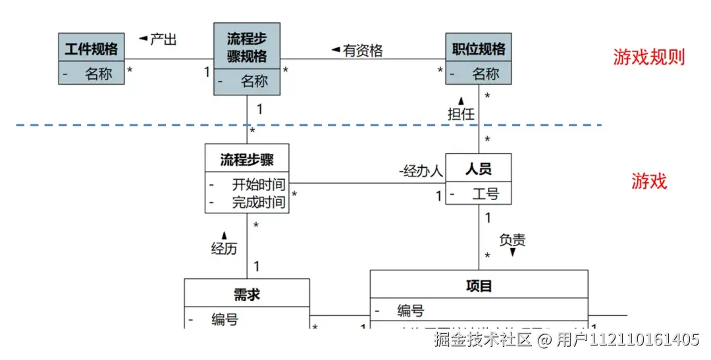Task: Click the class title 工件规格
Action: tap(92, 49)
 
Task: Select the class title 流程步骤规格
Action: tap(247, 47)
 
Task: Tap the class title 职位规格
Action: tap(479, 49)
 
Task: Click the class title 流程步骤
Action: tap(247, 159)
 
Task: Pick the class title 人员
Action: tap(478, 169)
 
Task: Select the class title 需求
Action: tap(247, 294)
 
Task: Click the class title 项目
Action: tap(479, 285)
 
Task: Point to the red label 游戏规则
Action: tap(649, 57)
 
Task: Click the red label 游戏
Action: tap(649, 181)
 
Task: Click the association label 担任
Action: tap(461, 114)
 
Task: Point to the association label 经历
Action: tap(224, 248)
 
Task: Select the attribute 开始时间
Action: tap(258, 184)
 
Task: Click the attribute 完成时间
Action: tap(258, 202)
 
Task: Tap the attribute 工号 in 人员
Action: tap(485, 194)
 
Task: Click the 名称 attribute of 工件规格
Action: tap(98, 74)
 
